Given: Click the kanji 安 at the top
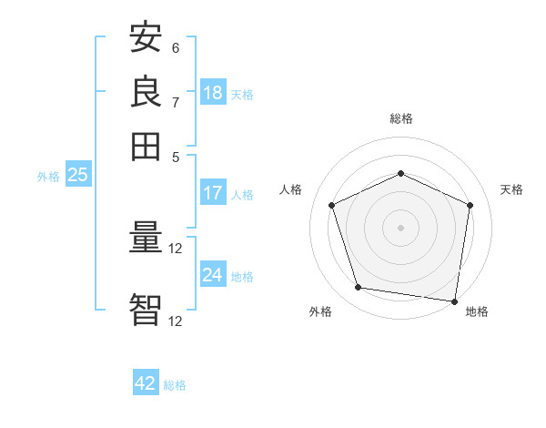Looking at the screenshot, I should click(146, 38).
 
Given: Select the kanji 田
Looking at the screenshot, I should click(146, 145).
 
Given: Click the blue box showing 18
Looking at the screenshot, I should click(213, 93).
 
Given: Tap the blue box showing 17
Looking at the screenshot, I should click(213, 193).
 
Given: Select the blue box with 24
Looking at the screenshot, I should click(213, 275).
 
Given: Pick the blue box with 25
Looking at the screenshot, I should click(77, 176).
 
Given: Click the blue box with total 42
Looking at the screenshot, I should click(146, 383).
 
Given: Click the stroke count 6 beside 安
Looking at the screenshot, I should click(176, 48).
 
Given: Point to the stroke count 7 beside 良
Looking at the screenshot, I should click(176, 101).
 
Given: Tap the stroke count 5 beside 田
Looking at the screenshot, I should click(176, 156).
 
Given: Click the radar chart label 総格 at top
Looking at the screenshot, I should click(400, 118).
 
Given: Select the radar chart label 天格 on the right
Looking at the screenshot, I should click(511, 189).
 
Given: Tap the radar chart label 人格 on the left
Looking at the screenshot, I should click(291, 189).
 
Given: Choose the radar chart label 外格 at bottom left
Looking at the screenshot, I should click(320, 311).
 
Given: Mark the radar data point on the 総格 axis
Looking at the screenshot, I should click(400, 173).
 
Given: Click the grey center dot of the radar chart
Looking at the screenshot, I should click(400, 227).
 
